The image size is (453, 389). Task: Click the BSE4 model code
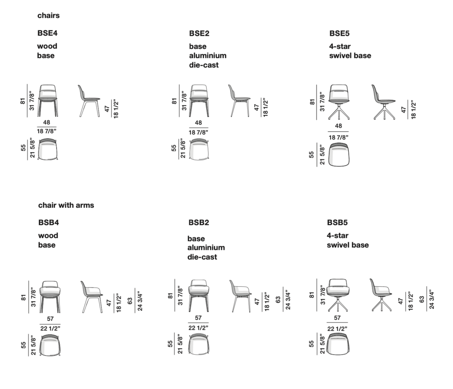coord(48,33)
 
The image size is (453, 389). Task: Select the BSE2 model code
coord(199,34)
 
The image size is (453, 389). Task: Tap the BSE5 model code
coord(339,34)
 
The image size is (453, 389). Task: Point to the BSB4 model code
coord(48,223)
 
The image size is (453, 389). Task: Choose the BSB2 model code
coord(199,223)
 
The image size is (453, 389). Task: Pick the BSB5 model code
coord(337,223)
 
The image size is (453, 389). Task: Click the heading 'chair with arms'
coord(66,205)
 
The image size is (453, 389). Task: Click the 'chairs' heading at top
coord(48,15)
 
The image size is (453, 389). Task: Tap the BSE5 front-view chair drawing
coord(339,102)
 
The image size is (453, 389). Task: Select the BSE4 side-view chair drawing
coord(89,101)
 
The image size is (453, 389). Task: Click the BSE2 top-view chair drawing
coord(199,149)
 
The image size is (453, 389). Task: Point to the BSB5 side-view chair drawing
coord(381,295)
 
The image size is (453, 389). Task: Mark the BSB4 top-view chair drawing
coord(50,345)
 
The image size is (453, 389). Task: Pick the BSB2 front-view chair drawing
coord(199,296)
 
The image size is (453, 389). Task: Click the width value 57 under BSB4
coord(50,319)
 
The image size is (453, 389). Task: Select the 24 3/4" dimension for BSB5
coord(432,299)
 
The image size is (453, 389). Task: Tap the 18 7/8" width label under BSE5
coord(338,138)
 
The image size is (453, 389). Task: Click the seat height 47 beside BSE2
coord(256,107)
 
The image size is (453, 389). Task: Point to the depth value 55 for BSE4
coord(23,148)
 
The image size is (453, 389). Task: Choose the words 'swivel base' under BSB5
coord(348,245)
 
